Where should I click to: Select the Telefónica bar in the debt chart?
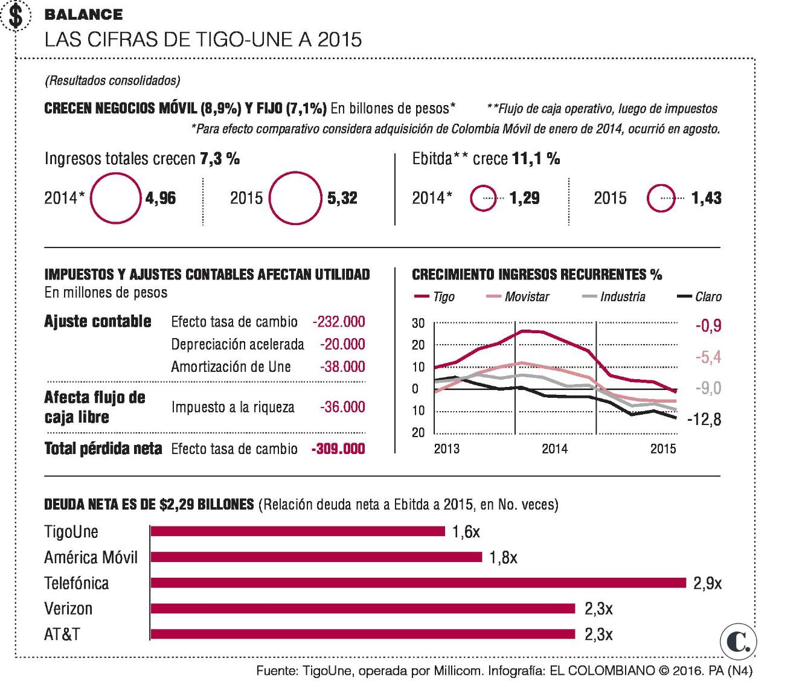(x=418, y=583)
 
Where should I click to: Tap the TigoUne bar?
(x=298, y=531)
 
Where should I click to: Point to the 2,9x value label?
(x=707, y=583)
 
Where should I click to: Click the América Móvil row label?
(x=91, y=557)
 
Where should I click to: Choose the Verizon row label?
(x=68, y=609)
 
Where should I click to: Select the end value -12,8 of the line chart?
(x=704, y=419)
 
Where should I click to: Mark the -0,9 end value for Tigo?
(x=708, y=326)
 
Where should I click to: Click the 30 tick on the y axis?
(x=418, y=324)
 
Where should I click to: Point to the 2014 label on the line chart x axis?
(x=554, y=449)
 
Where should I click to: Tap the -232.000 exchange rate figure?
(x=339, y=322)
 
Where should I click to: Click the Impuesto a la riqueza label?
(x=233, y=407)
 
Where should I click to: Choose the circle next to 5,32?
(x=295, y=198)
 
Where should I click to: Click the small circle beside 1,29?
(x=483, y=198)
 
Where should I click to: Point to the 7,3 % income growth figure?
(x=220, y=159)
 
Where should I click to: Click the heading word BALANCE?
(x=83, y=14)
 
